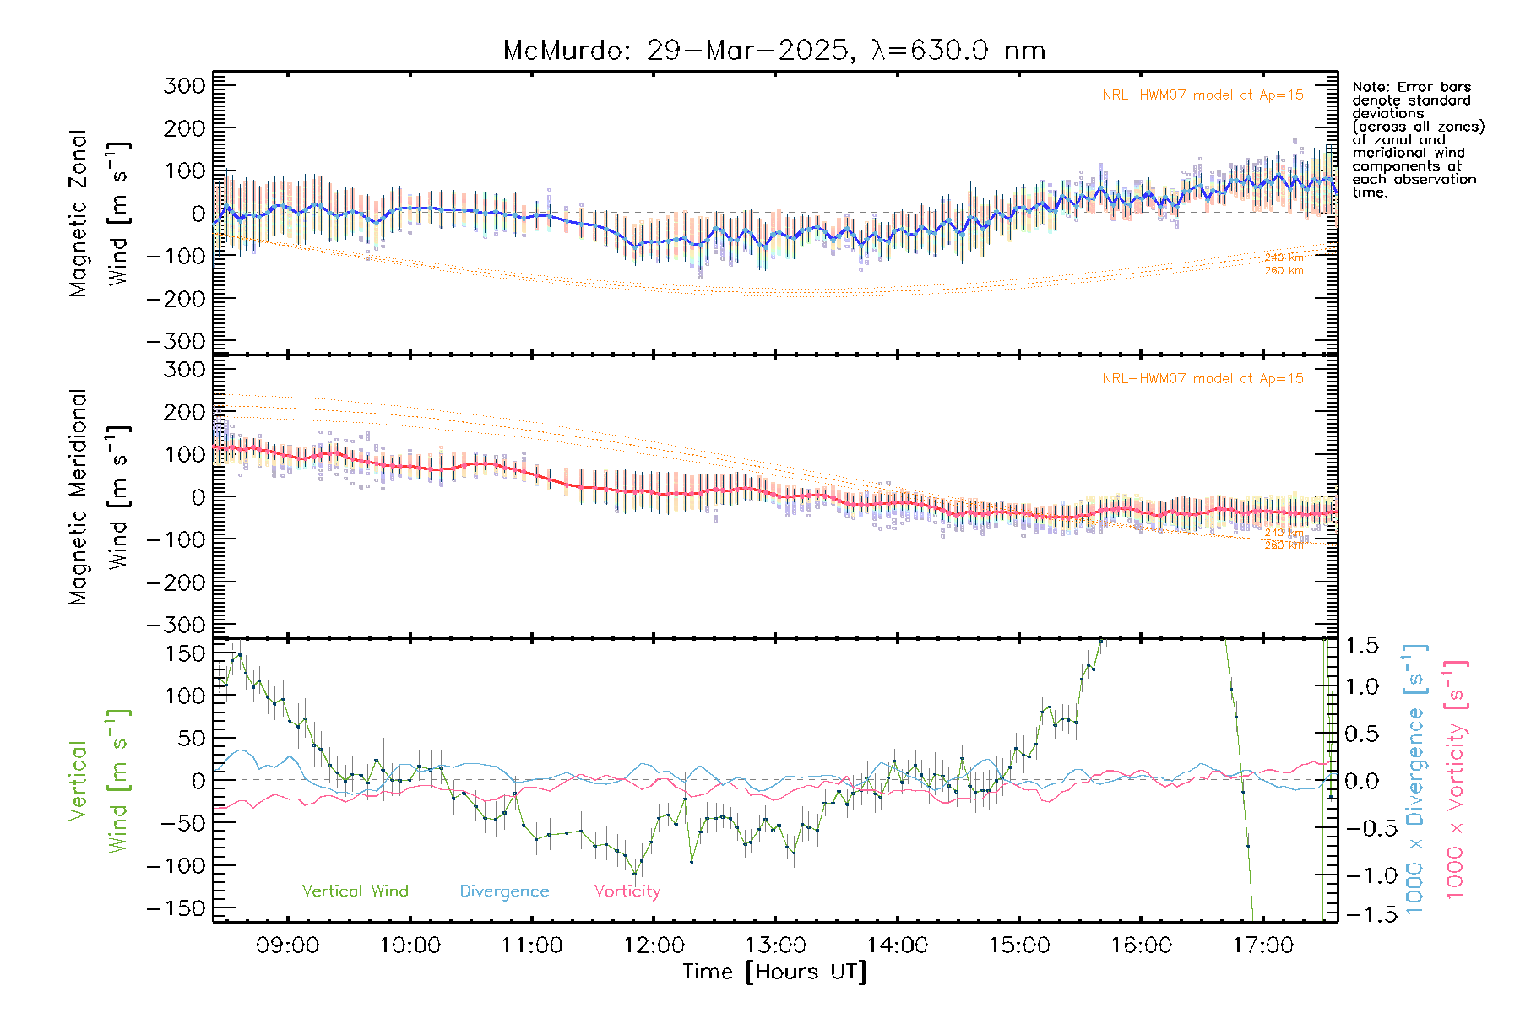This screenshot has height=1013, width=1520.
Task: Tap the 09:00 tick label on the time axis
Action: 287,945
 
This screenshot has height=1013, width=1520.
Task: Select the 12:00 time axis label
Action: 654,945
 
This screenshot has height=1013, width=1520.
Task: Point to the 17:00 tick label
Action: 1262,945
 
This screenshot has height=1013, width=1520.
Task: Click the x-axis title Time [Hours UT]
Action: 774,972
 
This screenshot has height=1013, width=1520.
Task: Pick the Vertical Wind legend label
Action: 355,891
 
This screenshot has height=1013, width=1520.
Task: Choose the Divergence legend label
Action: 504,891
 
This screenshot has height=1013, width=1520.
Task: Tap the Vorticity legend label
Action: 627,891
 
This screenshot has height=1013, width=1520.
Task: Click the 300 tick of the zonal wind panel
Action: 184,85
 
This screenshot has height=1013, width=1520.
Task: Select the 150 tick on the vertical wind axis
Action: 186,653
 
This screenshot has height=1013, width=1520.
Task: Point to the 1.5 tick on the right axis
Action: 1361,646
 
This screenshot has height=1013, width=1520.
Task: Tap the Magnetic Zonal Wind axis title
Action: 100,213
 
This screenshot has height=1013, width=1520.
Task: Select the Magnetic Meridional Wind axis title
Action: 100,496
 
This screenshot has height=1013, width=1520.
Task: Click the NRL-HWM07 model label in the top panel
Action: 1202,95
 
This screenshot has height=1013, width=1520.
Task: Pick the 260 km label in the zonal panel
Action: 1284,271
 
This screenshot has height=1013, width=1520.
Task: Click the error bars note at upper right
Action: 1418,139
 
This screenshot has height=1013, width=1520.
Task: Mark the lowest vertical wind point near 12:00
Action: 635,874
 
